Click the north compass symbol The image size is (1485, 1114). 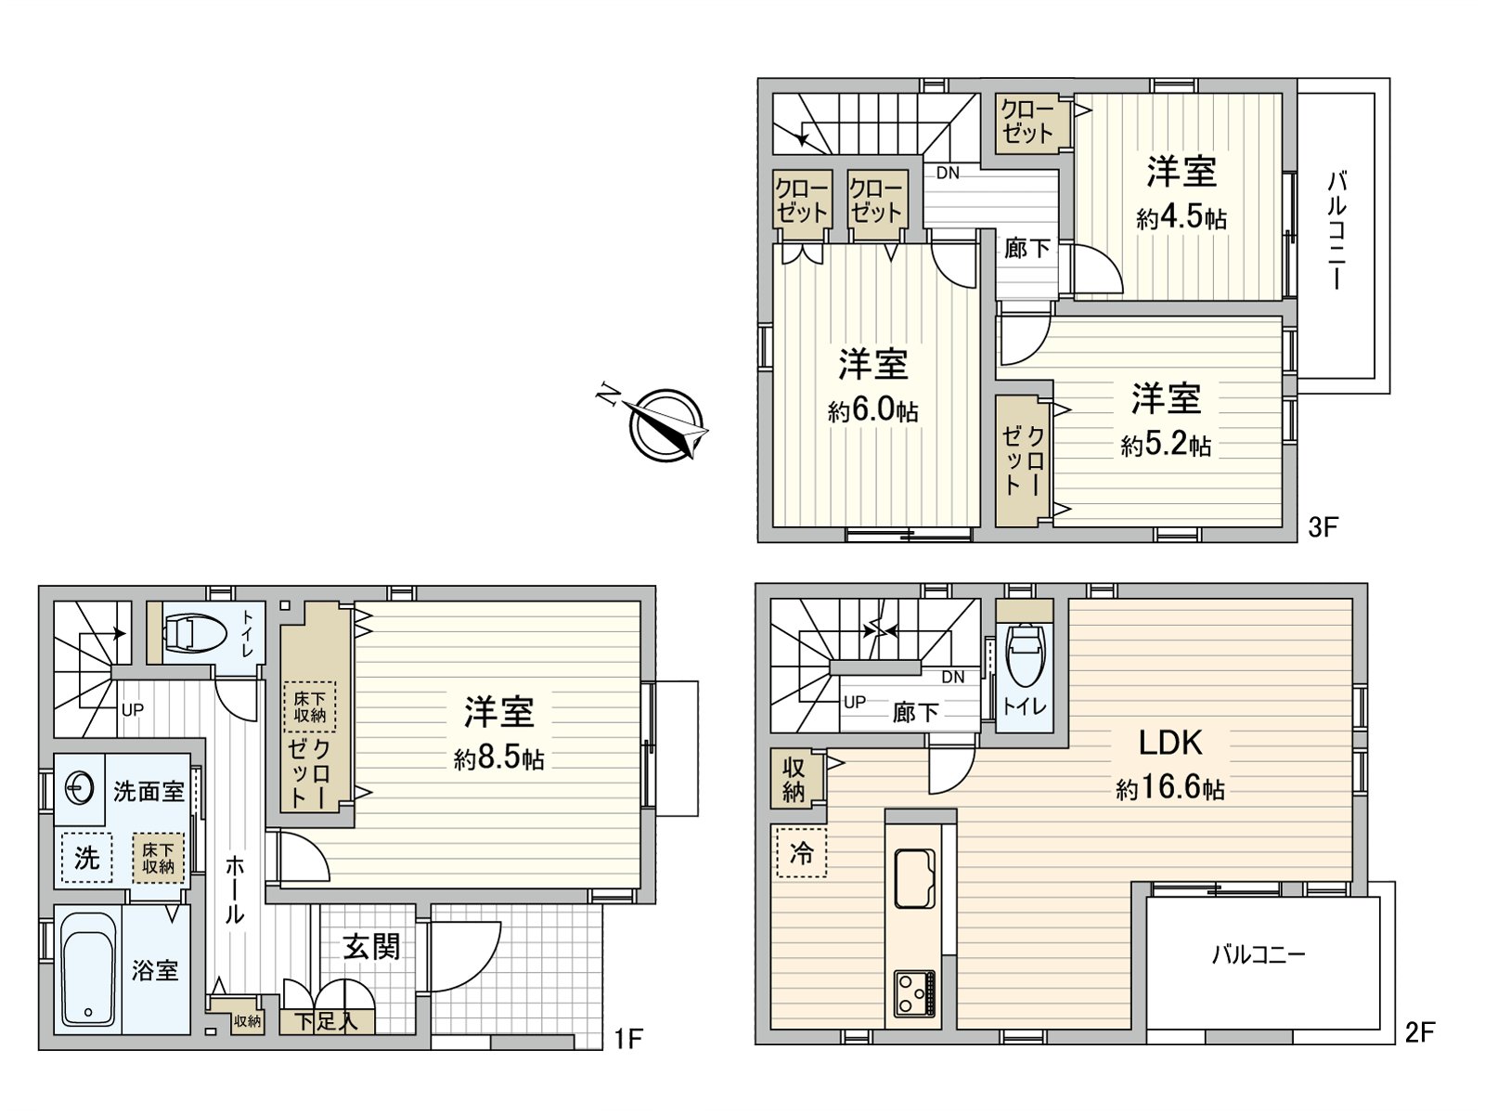tap(665, 424)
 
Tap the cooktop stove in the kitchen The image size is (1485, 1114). tap(915, 993)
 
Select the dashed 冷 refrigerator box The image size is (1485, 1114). tap(801, 852)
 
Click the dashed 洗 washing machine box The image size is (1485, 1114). tap(86, 857)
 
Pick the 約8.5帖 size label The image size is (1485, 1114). tap(499, 758)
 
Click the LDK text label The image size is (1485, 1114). tap(1170, 743)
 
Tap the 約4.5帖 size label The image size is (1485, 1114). tap(1182, 218)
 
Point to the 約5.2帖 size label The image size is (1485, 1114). tap(1166, 446)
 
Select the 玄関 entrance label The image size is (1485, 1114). tap(371, 947)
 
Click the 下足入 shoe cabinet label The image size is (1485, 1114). tap(326, 1022)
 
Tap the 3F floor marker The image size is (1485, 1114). tap(1323, 527)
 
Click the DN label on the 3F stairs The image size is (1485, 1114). tap(948, 173)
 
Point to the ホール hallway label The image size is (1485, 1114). tap(235, 889)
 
